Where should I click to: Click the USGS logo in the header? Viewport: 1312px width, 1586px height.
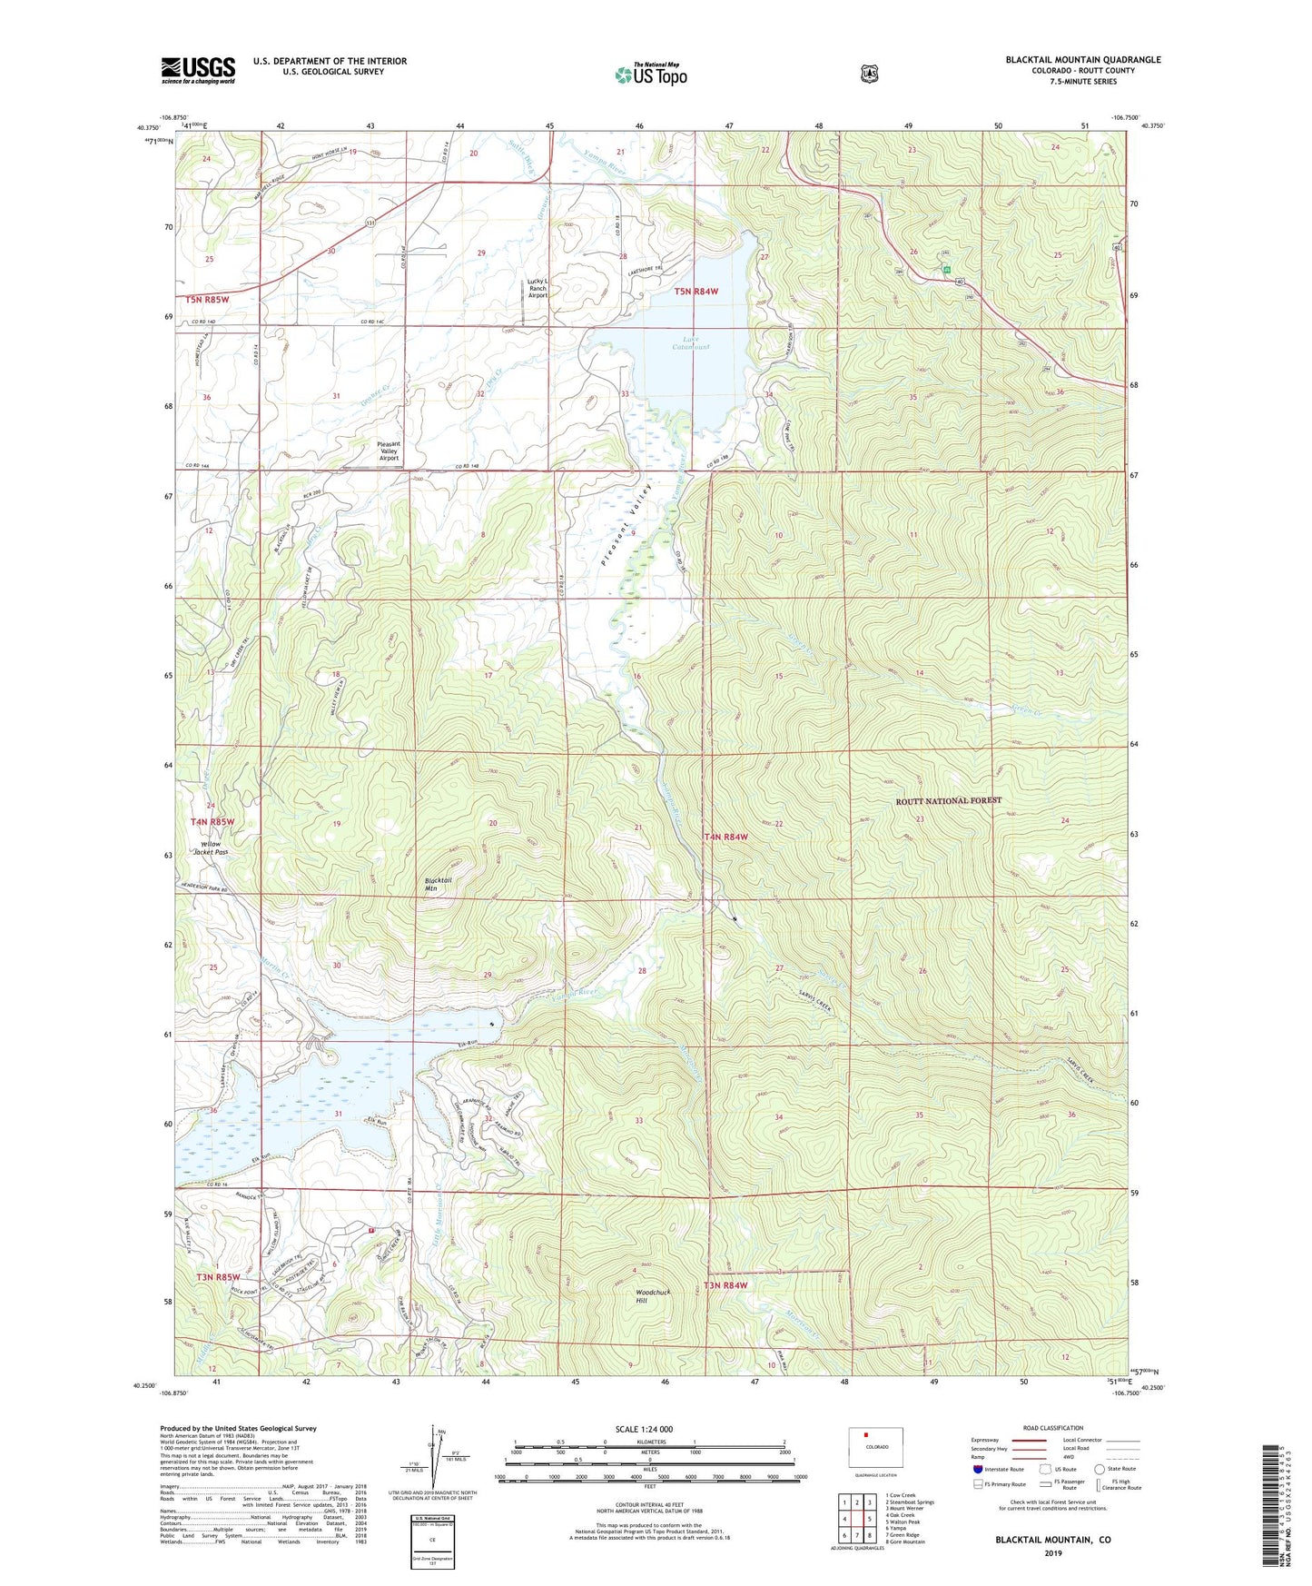[x=198, y=70]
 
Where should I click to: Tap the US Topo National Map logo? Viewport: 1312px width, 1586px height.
[x=650, y=74]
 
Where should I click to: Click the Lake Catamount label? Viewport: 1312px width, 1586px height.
[x=691, y=343]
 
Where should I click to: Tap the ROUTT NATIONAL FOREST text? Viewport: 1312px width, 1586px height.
[x=948, y=800]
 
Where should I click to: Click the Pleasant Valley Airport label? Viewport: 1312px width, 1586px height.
[x=389, y=451]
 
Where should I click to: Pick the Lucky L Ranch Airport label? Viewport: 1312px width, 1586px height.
[x=538, y=288]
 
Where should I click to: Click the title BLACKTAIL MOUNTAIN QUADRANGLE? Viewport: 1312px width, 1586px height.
[x=1082, y=60]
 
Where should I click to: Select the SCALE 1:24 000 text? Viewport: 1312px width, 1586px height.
[x=644, y=1429]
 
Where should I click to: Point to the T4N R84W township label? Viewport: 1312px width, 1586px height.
[x=726, y=837]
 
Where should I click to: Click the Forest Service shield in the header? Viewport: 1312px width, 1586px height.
[x=869, y=74]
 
